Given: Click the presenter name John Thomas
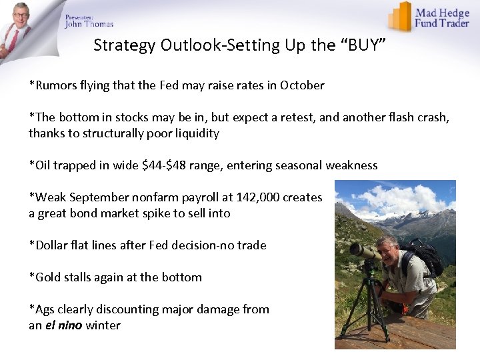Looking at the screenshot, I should (x=89, y=24).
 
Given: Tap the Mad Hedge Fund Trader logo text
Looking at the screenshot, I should (x=442, y=18).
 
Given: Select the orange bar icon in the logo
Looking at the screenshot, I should (x=400, y=17).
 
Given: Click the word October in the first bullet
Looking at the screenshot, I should (x=302, y=85).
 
